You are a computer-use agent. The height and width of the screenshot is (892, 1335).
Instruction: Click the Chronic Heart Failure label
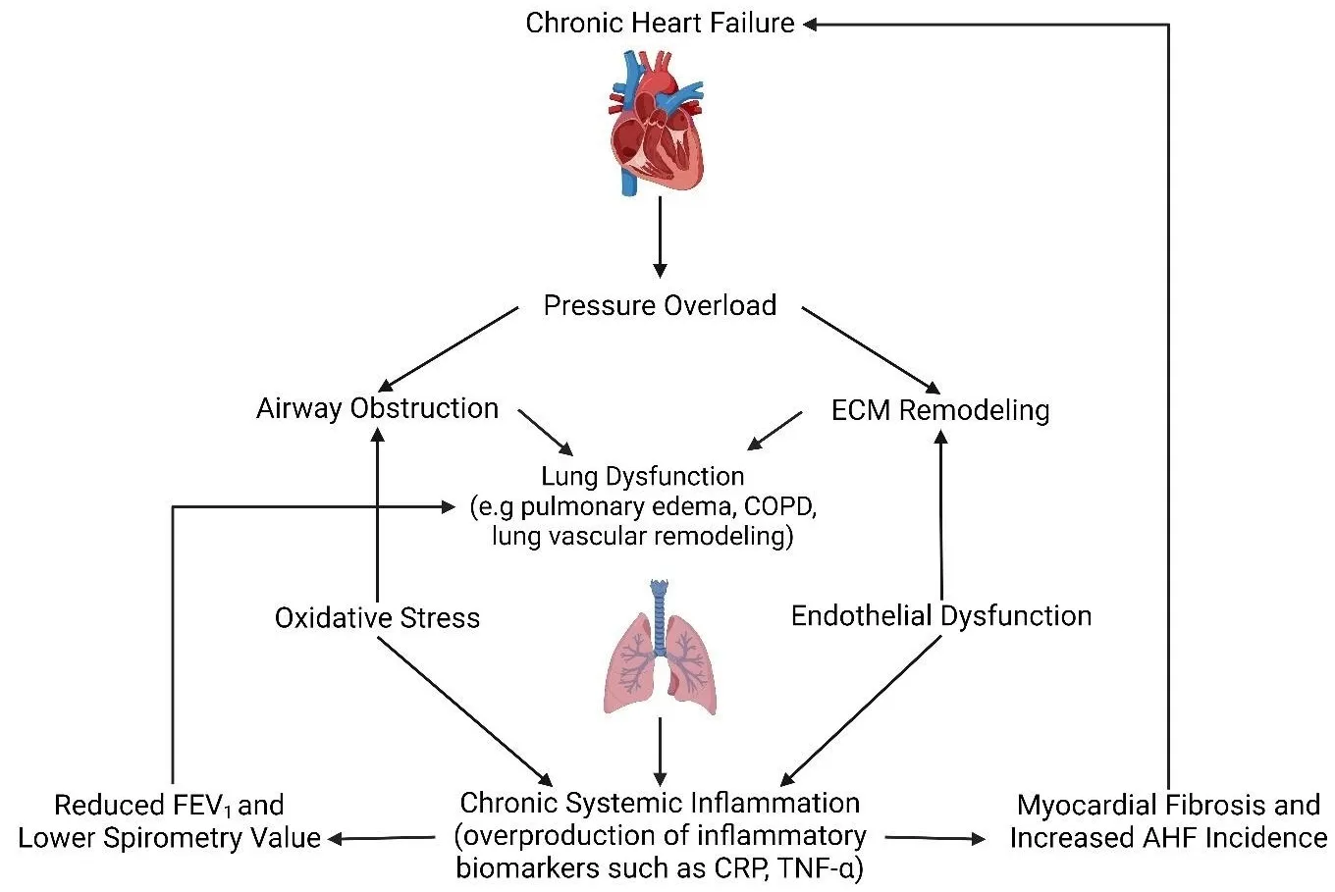coord(660,23)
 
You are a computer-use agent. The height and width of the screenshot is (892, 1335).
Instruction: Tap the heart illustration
coord(656,123)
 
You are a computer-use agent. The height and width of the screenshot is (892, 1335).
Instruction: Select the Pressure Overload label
coord(660,305)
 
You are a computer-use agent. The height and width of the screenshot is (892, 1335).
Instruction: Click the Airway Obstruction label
coord(377,408)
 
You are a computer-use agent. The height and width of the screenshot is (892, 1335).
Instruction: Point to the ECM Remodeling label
coord(940,409)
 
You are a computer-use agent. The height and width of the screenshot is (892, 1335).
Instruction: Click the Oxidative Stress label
coord(377,617)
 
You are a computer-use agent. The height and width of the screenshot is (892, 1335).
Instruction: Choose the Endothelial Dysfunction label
coord(940,615)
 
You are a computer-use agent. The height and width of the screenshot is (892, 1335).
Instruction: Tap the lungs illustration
coord(659,648)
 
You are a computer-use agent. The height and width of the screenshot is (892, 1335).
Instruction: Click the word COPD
coord(780,507)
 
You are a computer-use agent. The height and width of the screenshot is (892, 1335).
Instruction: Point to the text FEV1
coord(198,807)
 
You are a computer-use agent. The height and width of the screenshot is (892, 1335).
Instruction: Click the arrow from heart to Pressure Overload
coord(660,236)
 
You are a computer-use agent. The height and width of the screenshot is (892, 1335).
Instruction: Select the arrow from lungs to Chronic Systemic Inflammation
coord(660,751)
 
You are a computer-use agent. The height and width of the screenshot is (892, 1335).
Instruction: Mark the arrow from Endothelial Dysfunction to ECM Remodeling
coord(940,515)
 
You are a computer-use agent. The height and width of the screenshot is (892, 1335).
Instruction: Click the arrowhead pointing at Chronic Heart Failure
coord(812,24)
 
